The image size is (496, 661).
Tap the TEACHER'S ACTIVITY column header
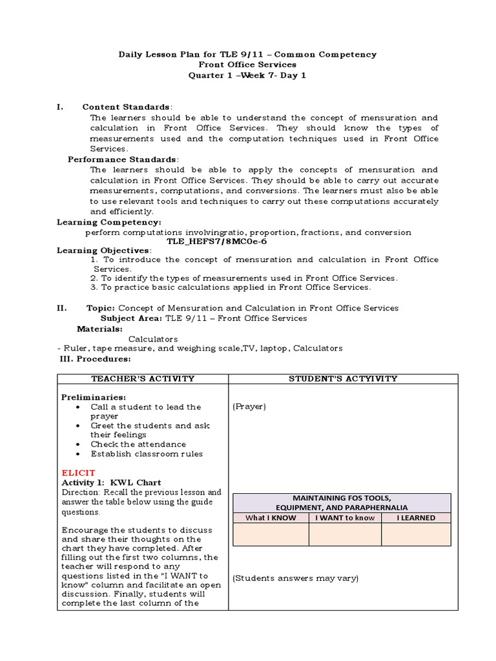tap(143, 378)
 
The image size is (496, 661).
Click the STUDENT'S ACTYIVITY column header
tap(342, 378)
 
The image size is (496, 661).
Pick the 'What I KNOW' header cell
tap(271, 517)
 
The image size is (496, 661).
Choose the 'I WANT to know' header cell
tap(345, 517)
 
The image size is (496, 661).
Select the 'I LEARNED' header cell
tap(416, 517)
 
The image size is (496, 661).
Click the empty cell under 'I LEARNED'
tap(416, 534)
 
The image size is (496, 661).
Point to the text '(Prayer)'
tap(249, 407)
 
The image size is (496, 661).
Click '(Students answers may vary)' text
tap(295, 578)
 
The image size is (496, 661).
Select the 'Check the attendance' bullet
tap(138, 444)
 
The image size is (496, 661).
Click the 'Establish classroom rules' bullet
tap(146, 453)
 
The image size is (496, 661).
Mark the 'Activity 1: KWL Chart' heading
tap(111, 482)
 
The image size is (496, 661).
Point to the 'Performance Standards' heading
tap(122, 159)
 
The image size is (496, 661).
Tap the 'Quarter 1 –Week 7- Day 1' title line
tap(248, 75)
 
